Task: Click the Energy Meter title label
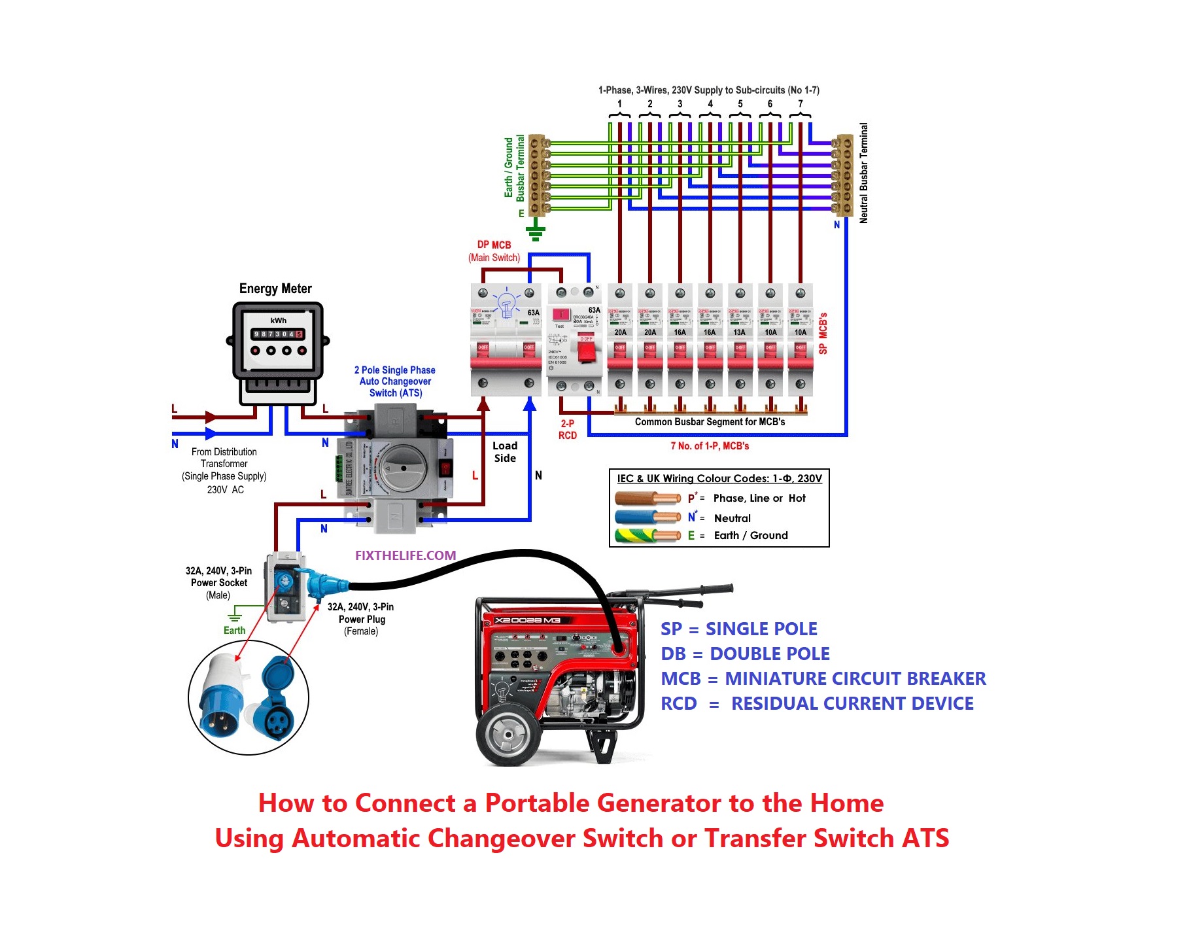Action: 275,288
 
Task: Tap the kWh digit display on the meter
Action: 278,334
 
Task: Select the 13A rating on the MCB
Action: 739,332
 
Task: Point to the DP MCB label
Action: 494,245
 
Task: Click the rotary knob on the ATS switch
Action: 403,468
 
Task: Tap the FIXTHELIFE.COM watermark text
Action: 405,555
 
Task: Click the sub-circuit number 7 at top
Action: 800,104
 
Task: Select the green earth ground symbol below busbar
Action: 536,230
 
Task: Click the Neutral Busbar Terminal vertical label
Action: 863,173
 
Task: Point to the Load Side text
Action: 505,452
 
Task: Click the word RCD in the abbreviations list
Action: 679,704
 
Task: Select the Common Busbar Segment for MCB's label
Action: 710,422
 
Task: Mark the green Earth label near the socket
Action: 234,631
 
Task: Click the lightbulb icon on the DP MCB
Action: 506,304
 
